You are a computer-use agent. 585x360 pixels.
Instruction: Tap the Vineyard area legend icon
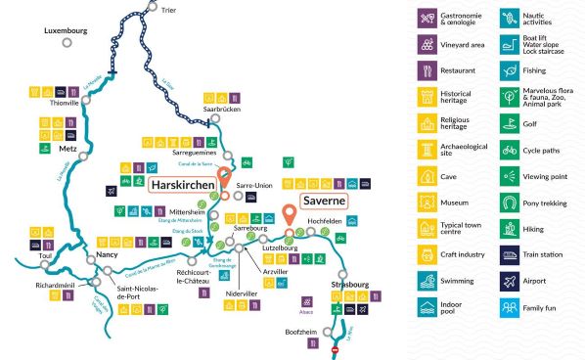point(427,44)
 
